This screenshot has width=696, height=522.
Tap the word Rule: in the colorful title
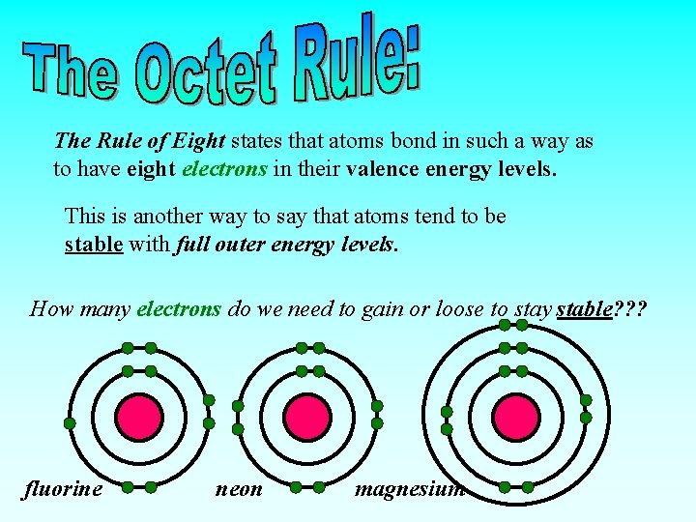358,60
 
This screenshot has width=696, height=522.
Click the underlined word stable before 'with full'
94,244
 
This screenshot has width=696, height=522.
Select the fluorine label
63,489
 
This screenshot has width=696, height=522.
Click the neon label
239,489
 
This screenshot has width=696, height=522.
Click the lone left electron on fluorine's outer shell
70,423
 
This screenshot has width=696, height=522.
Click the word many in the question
105,309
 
